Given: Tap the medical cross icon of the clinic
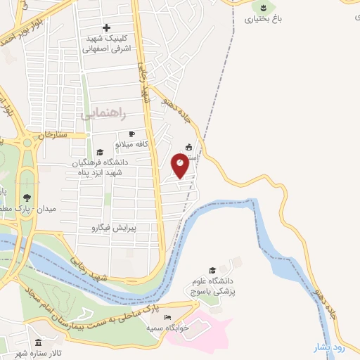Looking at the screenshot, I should coord(106,27).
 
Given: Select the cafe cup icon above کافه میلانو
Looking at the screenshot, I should coord(131,134).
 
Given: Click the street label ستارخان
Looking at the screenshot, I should coord(51,134).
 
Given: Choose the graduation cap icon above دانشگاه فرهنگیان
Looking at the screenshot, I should coord(100,152).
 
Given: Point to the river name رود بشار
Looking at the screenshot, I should coord(329,347).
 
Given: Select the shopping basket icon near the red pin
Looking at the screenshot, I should coord(188,148).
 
